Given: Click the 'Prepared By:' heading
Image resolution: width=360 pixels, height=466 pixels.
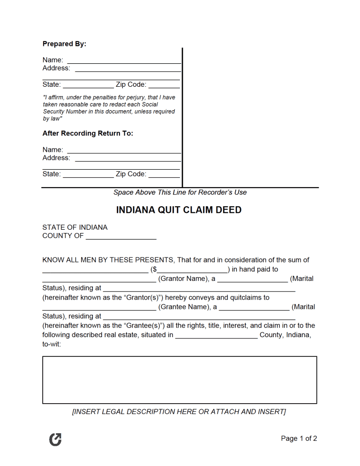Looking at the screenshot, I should (x=64, y=44).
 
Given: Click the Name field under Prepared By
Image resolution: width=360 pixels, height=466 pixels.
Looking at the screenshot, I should (x=124, y=60).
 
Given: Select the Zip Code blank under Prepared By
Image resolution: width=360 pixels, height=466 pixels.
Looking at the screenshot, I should (x=164, y=85).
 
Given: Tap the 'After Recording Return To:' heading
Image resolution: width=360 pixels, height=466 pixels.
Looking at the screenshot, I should (x=88, y=134).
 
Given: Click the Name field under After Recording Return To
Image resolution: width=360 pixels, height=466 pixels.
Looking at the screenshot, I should (x=124, y=150).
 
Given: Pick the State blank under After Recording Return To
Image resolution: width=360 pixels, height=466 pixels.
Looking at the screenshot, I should (x=88, y=174).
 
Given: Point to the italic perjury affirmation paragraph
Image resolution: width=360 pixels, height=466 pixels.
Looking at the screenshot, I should (x=109, y=108).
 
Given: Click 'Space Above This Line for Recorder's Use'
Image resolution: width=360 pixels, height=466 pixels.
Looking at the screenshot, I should (x=180, y=192).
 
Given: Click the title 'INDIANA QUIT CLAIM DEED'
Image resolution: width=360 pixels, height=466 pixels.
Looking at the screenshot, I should (x=179, y=210).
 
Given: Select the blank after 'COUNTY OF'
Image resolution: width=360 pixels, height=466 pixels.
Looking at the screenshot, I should (x=121, y=236).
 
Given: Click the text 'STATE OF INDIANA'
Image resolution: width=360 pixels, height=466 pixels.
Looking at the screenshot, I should (x=75, y=227).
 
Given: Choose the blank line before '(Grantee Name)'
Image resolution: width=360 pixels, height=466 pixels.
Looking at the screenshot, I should (x=99, y=307).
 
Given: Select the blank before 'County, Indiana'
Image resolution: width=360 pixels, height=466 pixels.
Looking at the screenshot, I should (x=216, y=335).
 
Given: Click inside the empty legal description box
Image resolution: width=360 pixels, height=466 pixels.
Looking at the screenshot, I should (x=180, y=380).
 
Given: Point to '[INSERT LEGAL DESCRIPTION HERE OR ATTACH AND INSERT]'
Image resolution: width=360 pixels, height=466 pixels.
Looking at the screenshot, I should (x=179, y=412).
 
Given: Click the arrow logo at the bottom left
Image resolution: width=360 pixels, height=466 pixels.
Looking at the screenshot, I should (x=55, y=439).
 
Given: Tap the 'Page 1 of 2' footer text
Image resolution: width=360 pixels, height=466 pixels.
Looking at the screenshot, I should (x=299, y=439).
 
